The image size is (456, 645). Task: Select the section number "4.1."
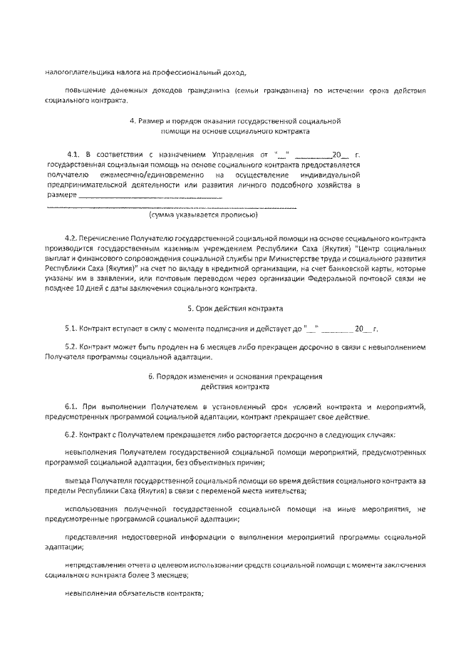(x=73, y=154)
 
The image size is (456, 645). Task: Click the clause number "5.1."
(x=70, y=329)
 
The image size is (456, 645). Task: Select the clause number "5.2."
(x=70, y=347)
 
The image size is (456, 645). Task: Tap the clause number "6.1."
(x=71, y=406)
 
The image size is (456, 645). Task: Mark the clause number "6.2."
(x=70, y=434)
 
